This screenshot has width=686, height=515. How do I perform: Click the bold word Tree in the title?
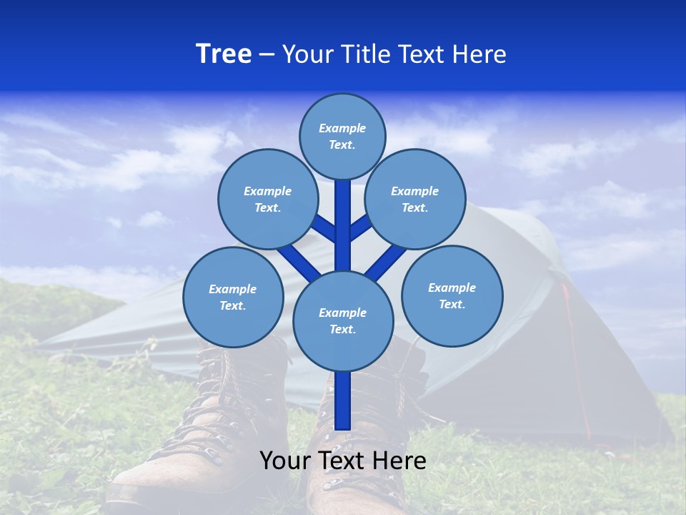224,54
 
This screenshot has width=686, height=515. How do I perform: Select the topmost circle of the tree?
342,137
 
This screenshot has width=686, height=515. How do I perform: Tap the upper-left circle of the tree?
267,199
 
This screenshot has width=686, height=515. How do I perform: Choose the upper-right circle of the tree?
414,199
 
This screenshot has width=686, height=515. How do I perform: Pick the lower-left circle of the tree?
233,297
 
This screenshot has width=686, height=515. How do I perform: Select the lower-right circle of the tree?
452,295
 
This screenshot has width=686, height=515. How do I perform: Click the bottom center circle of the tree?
343,320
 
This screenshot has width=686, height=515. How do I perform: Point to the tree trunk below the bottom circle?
343,401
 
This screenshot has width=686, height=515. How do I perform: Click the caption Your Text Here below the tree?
343,461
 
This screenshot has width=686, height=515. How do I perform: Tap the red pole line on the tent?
575,358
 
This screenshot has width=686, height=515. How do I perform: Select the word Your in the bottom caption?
286,461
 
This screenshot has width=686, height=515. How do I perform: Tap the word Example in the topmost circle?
342,129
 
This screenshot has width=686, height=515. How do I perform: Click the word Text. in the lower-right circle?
452,304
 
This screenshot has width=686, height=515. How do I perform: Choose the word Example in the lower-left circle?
233,289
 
